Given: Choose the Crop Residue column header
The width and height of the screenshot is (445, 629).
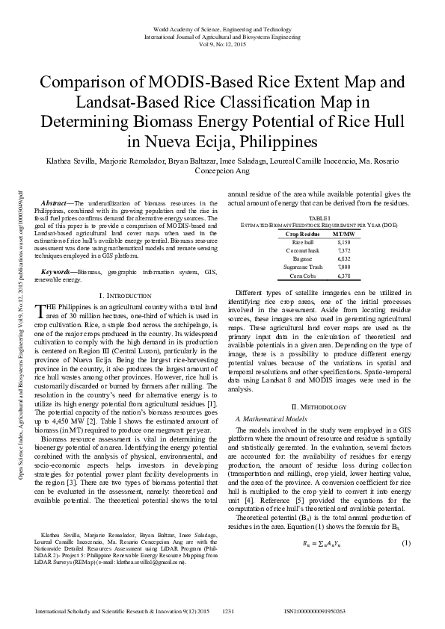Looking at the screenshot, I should click(x=301, y=233).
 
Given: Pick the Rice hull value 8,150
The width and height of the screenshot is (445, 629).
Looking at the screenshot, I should click(x=343, y=242).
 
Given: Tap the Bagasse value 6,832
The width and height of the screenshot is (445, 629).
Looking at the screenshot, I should click(x=343, y=258).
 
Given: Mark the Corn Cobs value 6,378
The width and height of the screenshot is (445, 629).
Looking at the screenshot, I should click(x=343, y=275).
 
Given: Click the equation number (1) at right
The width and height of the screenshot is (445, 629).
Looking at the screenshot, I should click(x=405, y=563).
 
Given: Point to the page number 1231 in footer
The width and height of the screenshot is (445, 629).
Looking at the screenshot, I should click(x=230, y=611).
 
